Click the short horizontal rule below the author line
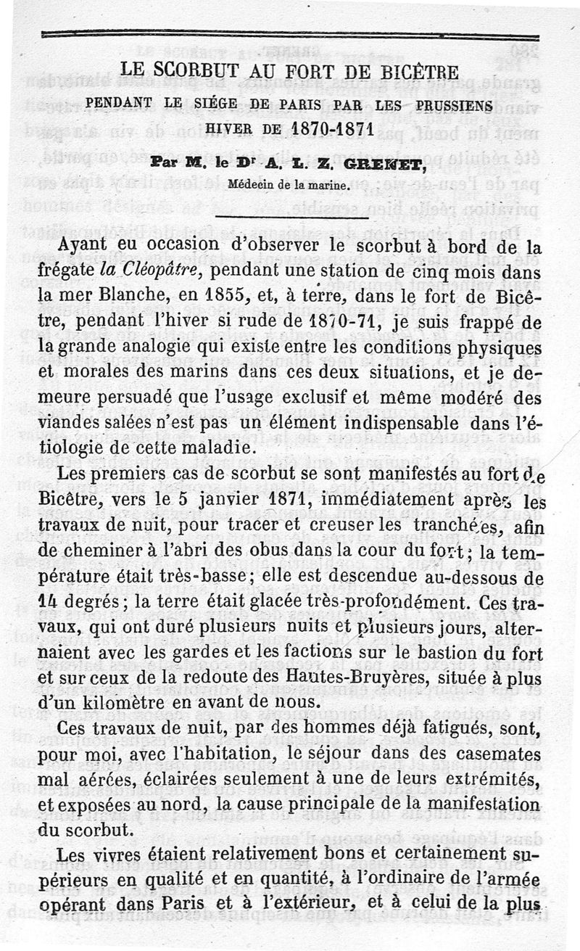289,215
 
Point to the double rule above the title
289,34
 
